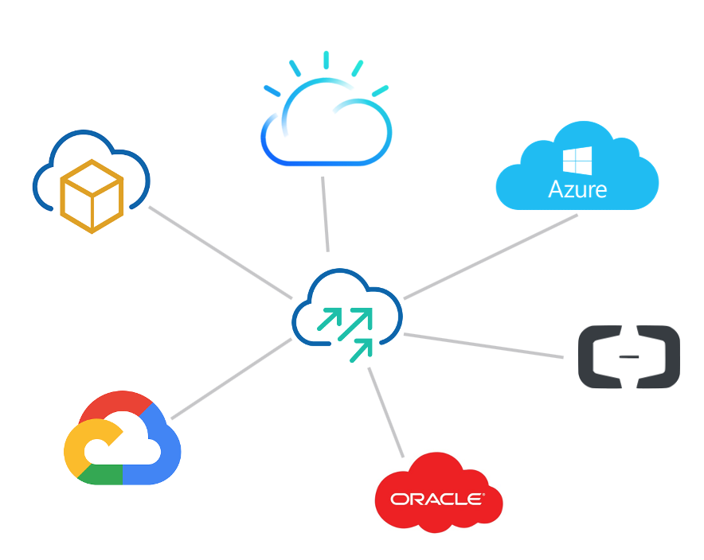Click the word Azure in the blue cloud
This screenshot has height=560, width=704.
(577, 189)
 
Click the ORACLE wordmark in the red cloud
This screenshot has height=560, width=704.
(437, 499)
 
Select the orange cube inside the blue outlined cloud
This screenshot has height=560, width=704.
(92, 196)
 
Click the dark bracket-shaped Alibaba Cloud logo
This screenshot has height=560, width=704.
(628, 357)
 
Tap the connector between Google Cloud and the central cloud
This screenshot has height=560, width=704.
(231, 379)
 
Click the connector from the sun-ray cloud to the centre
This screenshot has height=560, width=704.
(325, 213)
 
